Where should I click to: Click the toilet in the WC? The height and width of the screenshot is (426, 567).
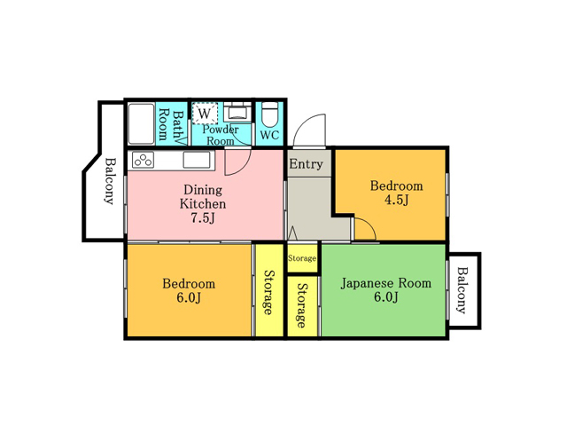tap(269, 113)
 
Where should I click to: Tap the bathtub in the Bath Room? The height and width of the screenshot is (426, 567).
tap(141, 123)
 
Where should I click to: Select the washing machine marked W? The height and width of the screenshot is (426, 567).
tap(205, 113)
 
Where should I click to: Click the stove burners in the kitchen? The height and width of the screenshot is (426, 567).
tap(143, 160)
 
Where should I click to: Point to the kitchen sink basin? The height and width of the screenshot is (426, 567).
tap(197, 160)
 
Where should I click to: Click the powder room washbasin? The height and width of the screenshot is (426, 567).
tap(237, 112)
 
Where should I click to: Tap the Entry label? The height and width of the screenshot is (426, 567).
tap(306, 163)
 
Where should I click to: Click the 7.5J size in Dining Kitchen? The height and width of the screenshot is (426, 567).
tap(203, 218)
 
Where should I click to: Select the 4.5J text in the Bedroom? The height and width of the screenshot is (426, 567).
tap(396, 200)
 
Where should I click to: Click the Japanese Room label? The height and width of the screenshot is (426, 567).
tap(386, 282)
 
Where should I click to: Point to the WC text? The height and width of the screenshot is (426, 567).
tap(269, 135)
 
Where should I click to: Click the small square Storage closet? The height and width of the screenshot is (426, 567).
tap(302, 258)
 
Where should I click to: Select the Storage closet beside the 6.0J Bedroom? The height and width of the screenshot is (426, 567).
tap(269, 291)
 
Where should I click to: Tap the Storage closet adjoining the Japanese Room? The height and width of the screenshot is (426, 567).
tap(302, 306)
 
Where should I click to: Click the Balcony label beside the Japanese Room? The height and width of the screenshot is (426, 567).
tap(462, 290)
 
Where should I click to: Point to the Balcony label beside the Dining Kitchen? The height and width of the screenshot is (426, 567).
tap(110, 181)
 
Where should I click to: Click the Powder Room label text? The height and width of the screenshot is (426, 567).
tap(221, 135)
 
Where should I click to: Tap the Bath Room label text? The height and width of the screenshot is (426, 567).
tap(170, 124)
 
